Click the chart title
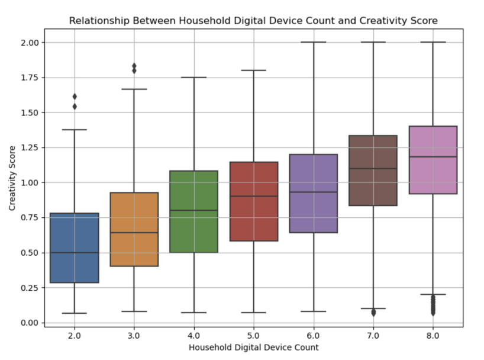click(x=253, y=21)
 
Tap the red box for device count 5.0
click(x=254, y=201)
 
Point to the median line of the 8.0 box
click(x=433, y=157)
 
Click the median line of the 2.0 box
click(x=75, y=253)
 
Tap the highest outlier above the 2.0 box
click(x=75, y=97)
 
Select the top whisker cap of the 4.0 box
click(x=194, y=77)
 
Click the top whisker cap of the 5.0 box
click(x=254, y=70)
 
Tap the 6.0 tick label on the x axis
click(x=314, y=335)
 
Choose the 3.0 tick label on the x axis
click(x=134, y=335)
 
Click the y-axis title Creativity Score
click(x=12, y=182)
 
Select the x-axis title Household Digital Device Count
click(x=253, y=348)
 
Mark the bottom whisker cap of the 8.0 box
click(x=433, y=294)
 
